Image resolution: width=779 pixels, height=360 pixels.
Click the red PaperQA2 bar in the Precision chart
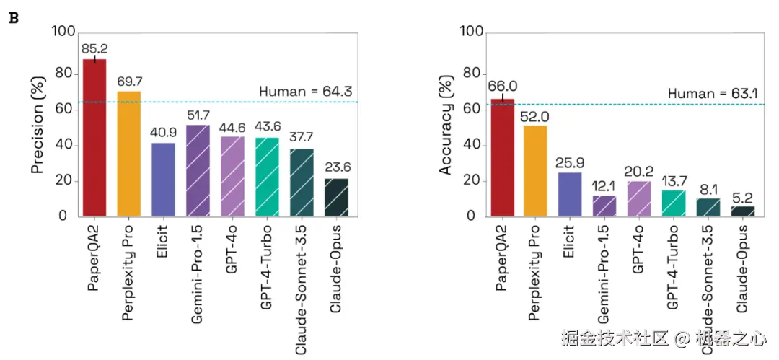click(94, 137)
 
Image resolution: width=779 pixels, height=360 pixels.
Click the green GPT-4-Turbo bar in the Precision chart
click(267, 176)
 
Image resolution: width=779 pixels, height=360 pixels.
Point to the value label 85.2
click(94, 49)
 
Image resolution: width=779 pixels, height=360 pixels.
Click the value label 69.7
click(129, 81)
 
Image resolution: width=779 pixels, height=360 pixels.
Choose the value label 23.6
click(336, 167)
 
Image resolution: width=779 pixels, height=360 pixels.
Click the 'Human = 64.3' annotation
click(305, 92)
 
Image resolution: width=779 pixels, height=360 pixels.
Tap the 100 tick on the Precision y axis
click(63, 32)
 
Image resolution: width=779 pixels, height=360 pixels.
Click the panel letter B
click(12, 18)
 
